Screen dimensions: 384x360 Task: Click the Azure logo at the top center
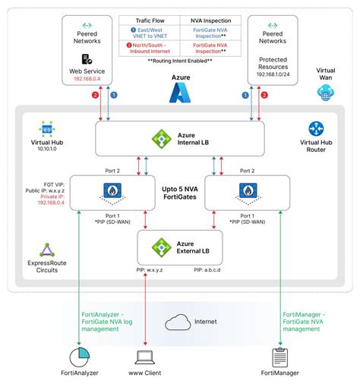180,93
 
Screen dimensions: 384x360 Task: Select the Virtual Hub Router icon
316,129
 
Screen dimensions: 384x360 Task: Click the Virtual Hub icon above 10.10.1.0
47,128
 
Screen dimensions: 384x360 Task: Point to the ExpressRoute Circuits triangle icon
47,250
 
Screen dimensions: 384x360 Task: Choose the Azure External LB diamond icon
160,247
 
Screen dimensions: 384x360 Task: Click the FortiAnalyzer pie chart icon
79,356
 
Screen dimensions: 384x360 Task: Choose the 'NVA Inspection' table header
210,22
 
